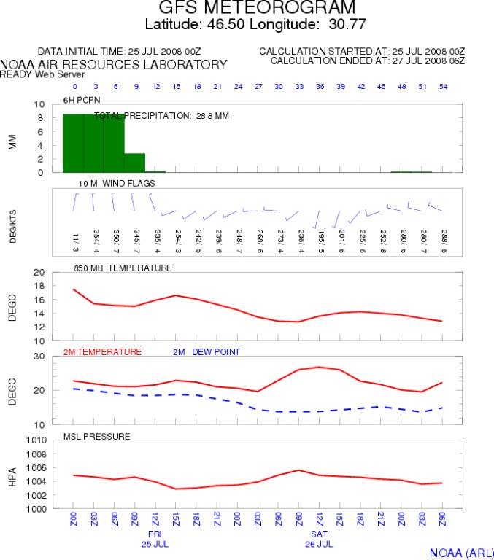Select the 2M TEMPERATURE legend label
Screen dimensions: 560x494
[102, 352]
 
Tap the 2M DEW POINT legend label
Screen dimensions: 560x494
[206, 352]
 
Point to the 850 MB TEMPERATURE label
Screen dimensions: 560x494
[123, 268]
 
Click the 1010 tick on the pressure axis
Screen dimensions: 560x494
[38, 440]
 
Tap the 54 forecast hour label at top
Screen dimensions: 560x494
[442, 87]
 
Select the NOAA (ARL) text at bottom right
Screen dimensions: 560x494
[461, 552]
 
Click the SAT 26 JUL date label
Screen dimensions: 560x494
[320, 539]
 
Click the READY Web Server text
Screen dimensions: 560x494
[42, 74]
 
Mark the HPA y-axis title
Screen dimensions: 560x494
[12, 475]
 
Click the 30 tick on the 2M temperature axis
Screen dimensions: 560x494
[41, 357]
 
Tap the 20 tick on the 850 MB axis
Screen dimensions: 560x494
[41, 272]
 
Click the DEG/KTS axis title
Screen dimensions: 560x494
[12, 218]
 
